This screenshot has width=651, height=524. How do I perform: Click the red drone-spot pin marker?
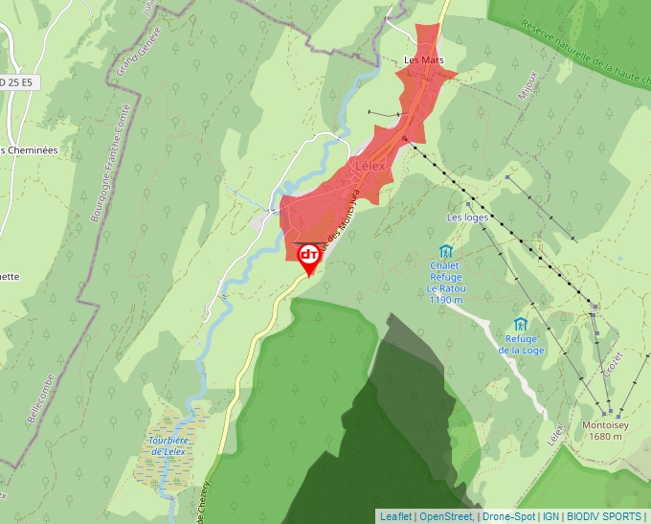click(x=309, y=257)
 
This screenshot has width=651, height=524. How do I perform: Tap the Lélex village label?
click(x=369, y=166)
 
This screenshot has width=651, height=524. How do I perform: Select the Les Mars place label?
click(x=423, y=60)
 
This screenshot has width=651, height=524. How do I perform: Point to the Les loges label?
click(x=467, y=217)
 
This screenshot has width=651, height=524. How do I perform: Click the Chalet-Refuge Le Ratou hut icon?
click(x=442, y=253)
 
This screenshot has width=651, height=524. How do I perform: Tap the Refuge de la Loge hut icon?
click(x=521, y=325)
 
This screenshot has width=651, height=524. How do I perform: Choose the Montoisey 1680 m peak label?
click(x=602, y=431)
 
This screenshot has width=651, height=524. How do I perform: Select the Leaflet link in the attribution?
click(x=396, y=516)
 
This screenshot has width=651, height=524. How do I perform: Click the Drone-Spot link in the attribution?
click(x=509, y=516)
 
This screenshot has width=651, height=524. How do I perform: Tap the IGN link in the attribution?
click(x=551, y=516)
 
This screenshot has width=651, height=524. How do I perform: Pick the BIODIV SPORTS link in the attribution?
click(x=604, y=516)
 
